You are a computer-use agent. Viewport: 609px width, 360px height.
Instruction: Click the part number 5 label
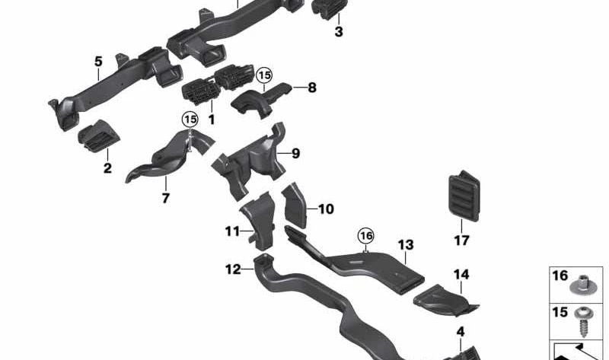tap(98, 60)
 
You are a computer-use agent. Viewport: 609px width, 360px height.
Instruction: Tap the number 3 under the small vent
tap(339, 32)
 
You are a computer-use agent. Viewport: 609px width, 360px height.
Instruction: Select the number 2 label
tap(107, 167)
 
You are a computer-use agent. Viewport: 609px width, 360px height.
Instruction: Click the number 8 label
tap(311, 88)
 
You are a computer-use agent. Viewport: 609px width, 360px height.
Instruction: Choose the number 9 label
tap(296, 154)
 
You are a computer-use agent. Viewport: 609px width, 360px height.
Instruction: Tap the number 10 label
tap(326, 209)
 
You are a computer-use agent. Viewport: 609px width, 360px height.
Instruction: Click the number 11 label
tap(232, 230)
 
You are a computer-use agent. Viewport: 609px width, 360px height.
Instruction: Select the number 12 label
tap(233, 268)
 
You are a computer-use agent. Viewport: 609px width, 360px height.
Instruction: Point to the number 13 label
tap(406, 244)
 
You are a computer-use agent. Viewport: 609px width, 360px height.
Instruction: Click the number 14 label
tap(461, 274)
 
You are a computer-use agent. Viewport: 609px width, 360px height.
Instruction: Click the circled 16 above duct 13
tap(367, 235)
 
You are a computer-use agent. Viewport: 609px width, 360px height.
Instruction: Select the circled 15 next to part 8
tap(263, 75)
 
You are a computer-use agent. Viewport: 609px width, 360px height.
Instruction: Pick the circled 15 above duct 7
tap(189, 119)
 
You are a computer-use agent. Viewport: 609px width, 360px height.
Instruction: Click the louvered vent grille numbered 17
tap(461, 196)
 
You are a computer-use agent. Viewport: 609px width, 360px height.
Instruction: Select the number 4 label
tap(460, 332)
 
